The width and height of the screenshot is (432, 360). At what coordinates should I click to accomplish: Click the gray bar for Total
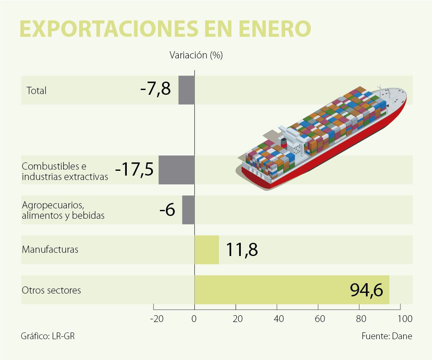coord(186,90)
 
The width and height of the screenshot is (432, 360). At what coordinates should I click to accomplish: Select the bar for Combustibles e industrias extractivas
coord(176,170)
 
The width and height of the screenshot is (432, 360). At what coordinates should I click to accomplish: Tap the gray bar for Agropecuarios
coord(188,210)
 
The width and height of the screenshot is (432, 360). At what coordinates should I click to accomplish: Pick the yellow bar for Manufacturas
coord(207,250)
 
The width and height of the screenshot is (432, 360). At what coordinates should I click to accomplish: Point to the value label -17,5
coord(134,170)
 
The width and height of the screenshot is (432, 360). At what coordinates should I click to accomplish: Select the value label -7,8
coord(156,89)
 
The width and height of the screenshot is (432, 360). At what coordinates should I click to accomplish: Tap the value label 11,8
coord(242,250)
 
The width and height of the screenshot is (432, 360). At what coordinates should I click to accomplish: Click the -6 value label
coord(167,210)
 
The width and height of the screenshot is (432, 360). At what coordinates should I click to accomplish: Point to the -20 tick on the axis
coord(156,319)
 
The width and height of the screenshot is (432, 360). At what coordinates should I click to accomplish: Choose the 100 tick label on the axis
coord(405,319)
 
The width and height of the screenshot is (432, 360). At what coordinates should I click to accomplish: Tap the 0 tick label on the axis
coord(194,319)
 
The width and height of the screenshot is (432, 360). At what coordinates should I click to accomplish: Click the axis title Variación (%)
coord(196,55)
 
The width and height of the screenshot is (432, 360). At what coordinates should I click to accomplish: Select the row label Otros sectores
coord(51,290)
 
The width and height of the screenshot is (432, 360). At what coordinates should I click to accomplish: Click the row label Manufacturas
coord(50,250)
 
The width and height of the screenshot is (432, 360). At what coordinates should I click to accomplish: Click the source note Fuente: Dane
coord(386,336)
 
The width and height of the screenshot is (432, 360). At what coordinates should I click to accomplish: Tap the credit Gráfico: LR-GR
coord(48,336)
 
